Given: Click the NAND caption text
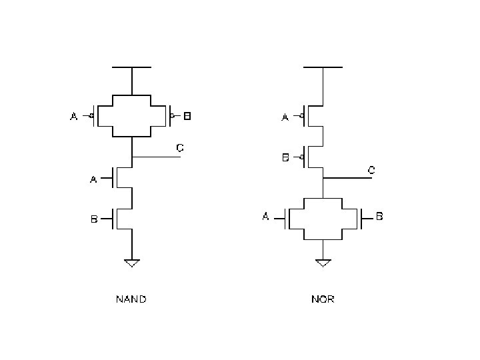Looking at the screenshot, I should pyautogui.click(x=131, y=299).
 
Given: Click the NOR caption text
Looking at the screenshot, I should pyautogui.click(x=323, y=299).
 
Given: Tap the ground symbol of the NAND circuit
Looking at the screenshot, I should pyautogui.click(x=132, y=263).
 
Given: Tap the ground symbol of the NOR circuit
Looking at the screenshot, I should pyautogui.click(x=323, y=262).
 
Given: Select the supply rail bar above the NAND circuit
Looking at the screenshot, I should pyautogui.click(x=132, y=67).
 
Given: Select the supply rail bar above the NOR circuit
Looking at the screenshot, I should pyautogui.click(x=323, y=67).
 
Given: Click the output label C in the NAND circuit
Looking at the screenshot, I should pyautogui.click(x=179, y=148).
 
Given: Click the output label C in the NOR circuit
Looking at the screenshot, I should pyautogui.click(x=371, y=171).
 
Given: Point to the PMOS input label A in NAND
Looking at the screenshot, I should pyautogui.click(x=74, y=117).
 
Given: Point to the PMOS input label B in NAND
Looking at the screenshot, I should pyautogui.click(x=188, y=117).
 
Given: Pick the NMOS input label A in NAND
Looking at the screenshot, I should pyautogui.click(x=94, y=179).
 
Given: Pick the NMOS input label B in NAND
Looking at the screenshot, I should pyautogui.click(x=94, y=219).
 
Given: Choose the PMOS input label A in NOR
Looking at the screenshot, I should pyautogui.click(x=285, y=117).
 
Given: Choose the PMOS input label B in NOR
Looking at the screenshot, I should pyautogui.click(x=285, y=158).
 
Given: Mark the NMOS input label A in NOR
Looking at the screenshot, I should pyautogui.click(x=266, y=217).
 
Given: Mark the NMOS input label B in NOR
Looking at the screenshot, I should pyautogui.click(x=379, y=217).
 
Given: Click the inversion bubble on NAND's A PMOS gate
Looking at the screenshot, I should pyautogui.click(x=91, y=117).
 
